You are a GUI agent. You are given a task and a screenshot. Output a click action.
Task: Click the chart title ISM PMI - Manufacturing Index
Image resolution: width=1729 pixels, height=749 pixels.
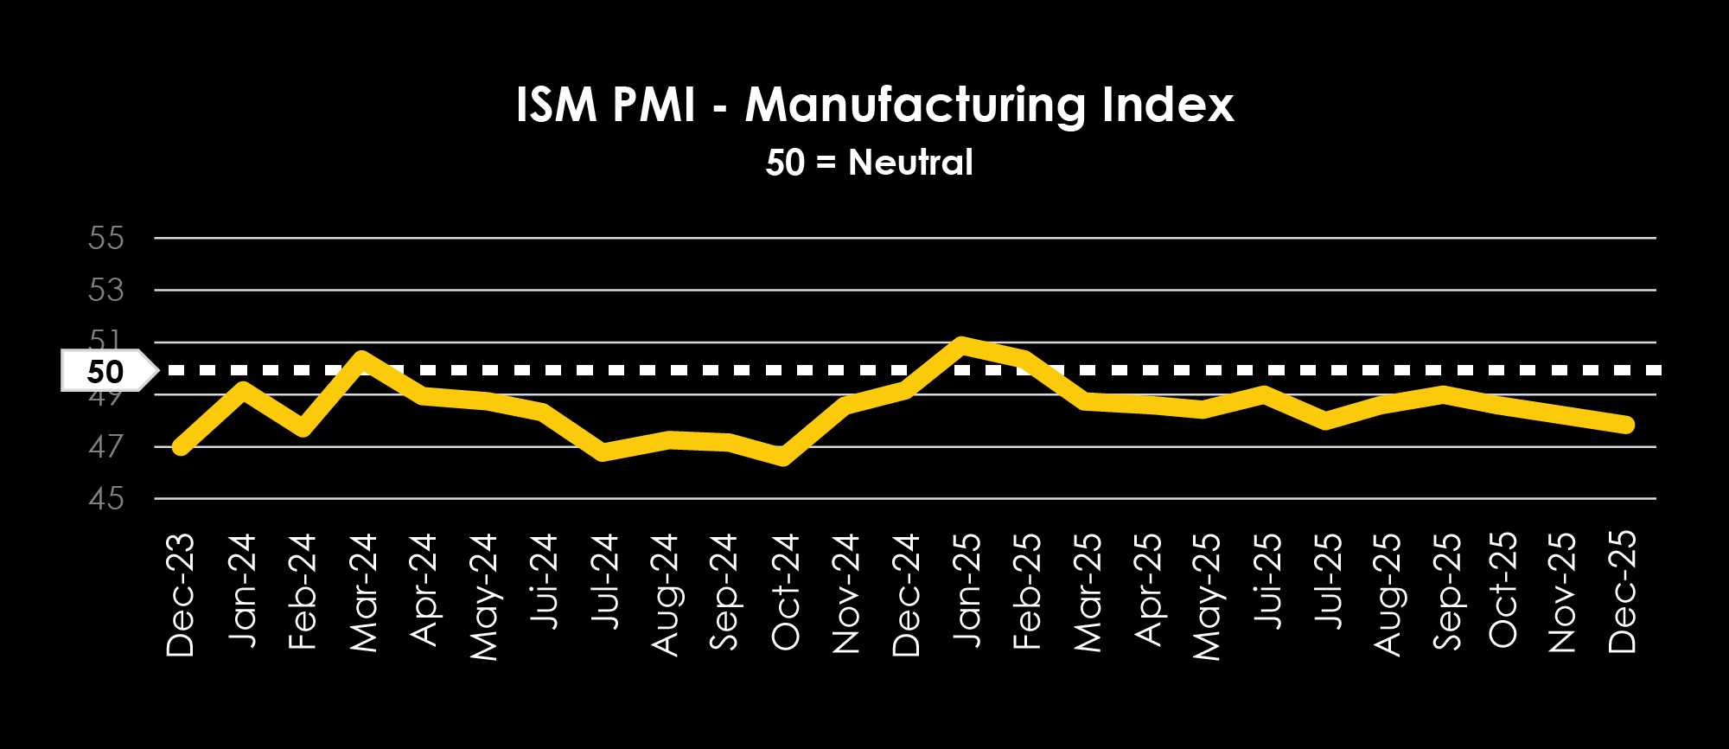pos(874,106)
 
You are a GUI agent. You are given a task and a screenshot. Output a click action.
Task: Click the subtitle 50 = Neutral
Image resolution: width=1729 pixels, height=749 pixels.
pos(869,163)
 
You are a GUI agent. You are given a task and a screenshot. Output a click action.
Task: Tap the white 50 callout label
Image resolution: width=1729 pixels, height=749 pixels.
pos(106,372)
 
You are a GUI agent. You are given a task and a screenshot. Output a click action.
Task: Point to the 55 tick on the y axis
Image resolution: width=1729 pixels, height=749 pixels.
pos(106,238)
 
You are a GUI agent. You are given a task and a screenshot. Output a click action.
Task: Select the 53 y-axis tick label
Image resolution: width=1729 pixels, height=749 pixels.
pos(106,290)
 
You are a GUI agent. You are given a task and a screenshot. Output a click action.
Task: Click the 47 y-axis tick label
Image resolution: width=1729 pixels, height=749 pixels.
pos(106,447)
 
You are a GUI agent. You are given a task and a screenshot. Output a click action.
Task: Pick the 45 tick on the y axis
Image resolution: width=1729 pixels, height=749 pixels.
pos(106,499)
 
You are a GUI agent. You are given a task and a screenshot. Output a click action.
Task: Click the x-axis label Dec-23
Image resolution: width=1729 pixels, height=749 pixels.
pos(181,595)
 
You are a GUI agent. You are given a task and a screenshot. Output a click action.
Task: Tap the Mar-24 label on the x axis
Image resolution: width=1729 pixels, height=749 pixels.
pos(363,592)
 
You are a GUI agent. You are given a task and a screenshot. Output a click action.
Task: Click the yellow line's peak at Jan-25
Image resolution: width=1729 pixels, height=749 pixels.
pos(961,344)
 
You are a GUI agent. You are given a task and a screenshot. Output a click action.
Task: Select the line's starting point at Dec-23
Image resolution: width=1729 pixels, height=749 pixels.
pos(181,446)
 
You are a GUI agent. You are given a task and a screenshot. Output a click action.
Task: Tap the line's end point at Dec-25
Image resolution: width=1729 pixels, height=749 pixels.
pos(1625,424)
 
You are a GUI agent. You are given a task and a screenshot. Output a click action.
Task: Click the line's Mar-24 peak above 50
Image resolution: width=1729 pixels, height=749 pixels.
pos(362,358)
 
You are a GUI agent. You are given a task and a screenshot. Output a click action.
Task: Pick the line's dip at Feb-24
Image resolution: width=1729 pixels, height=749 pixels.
pos(302,427)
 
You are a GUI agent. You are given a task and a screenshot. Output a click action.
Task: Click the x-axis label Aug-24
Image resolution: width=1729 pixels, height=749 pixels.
pos(665,595)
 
